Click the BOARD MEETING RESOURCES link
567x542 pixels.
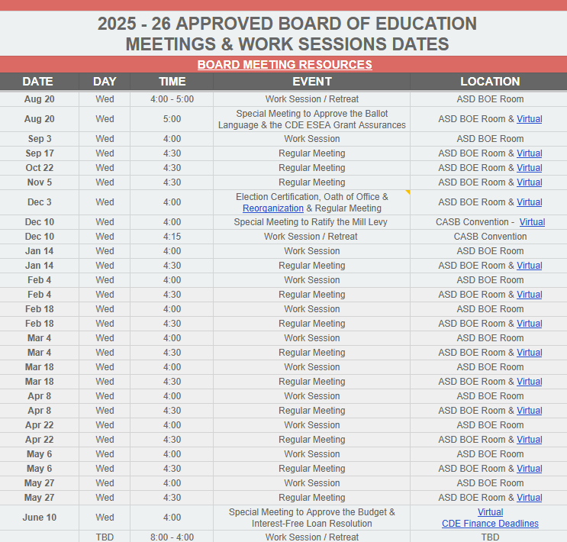285,65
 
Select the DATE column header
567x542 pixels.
38,81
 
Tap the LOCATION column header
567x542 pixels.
490,81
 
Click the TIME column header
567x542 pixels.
172,81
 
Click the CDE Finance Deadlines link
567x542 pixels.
490,524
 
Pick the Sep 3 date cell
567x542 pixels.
39,139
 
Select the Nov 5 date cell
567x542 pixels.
39,182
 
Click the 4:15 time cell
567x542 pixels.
172,237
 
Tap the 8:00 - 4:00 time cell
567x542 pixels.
172,537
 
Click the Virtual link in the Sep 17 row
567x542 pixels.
530,153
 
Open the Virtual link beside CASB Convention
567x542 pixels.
532,222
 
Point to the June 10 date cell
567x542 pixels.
39,518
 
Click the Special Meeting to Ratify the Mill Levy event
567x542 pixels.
311,222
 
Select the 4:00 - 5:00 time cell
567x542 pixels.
172,99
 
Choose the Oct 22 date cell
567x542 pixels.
39,168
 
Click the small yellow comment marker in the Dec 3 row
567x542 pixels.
408,192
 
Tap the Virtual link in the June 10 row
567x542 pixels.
490,512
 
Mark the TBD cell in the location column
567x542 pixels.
490,537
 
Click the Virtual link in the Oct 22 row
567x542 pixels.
530,168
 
